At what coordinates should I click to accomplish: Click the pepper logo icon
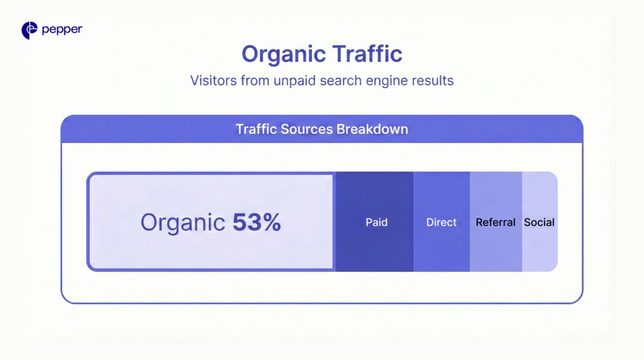(x=30, y=30)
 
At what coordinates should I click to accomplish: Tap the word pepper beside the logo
(x=62, y=30)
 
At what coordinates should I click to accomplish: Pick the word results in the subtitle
(x=435, y=81)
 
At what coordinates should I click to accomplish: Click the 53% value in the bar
(x=257, y=222)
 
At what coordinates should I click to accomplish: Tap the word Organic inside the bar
(x=182, y=222)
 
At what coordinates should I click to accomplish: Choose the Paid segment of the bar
(x=375, y=245)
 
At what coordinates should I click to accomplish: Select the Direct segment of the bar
(x=441, y=245)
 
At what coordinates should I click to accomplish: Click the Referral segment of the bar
(x=496, y=245)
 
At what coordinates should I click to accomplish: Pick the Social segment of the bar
(x=540, y=245)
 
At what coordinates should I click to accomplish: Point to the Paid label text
(x=377, y=222)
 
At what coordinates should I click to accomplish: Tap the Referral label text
(x=496, y=222)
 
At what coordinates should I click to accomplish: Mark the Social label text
(x=540, y=222)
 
